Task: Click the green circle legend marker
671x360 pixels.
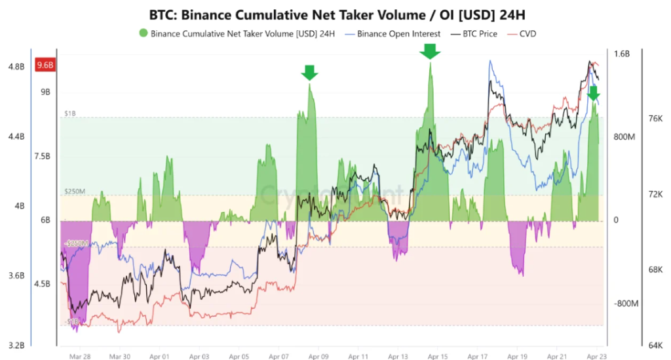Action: [x=143, y=33]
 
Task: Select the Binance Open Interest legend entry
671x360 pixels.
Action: [x=399, y=33]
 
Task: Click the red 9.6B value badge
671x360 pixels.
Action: [x=47, y=65]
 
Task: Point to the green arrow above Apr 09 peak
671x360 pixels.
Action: [x=310, y=72]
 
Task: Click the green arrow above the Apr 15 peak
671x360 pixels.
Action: [x=430, y=50]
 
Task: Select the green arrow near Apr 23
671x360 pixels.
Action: [x=593, y=93]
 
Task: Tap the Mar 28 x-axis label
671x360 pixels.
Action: [x=80, y=357]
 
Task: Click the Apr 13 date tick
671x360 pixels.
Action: [x=398, y=357]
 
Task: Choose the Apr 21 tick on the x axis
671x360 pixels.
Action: [x=556, y=357]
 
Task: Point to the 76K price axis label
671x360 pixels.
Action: [x=656, y=119]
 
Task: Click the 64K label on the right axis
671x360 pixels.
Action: [x=656, y=345]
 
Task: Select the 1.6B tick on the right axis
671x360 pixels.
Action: [x=621, y=54]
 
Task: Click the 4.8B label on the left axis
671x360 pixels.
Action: [x=16, y=66]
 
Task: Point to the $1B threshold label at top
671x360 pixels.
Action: [x=69, y=113]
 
